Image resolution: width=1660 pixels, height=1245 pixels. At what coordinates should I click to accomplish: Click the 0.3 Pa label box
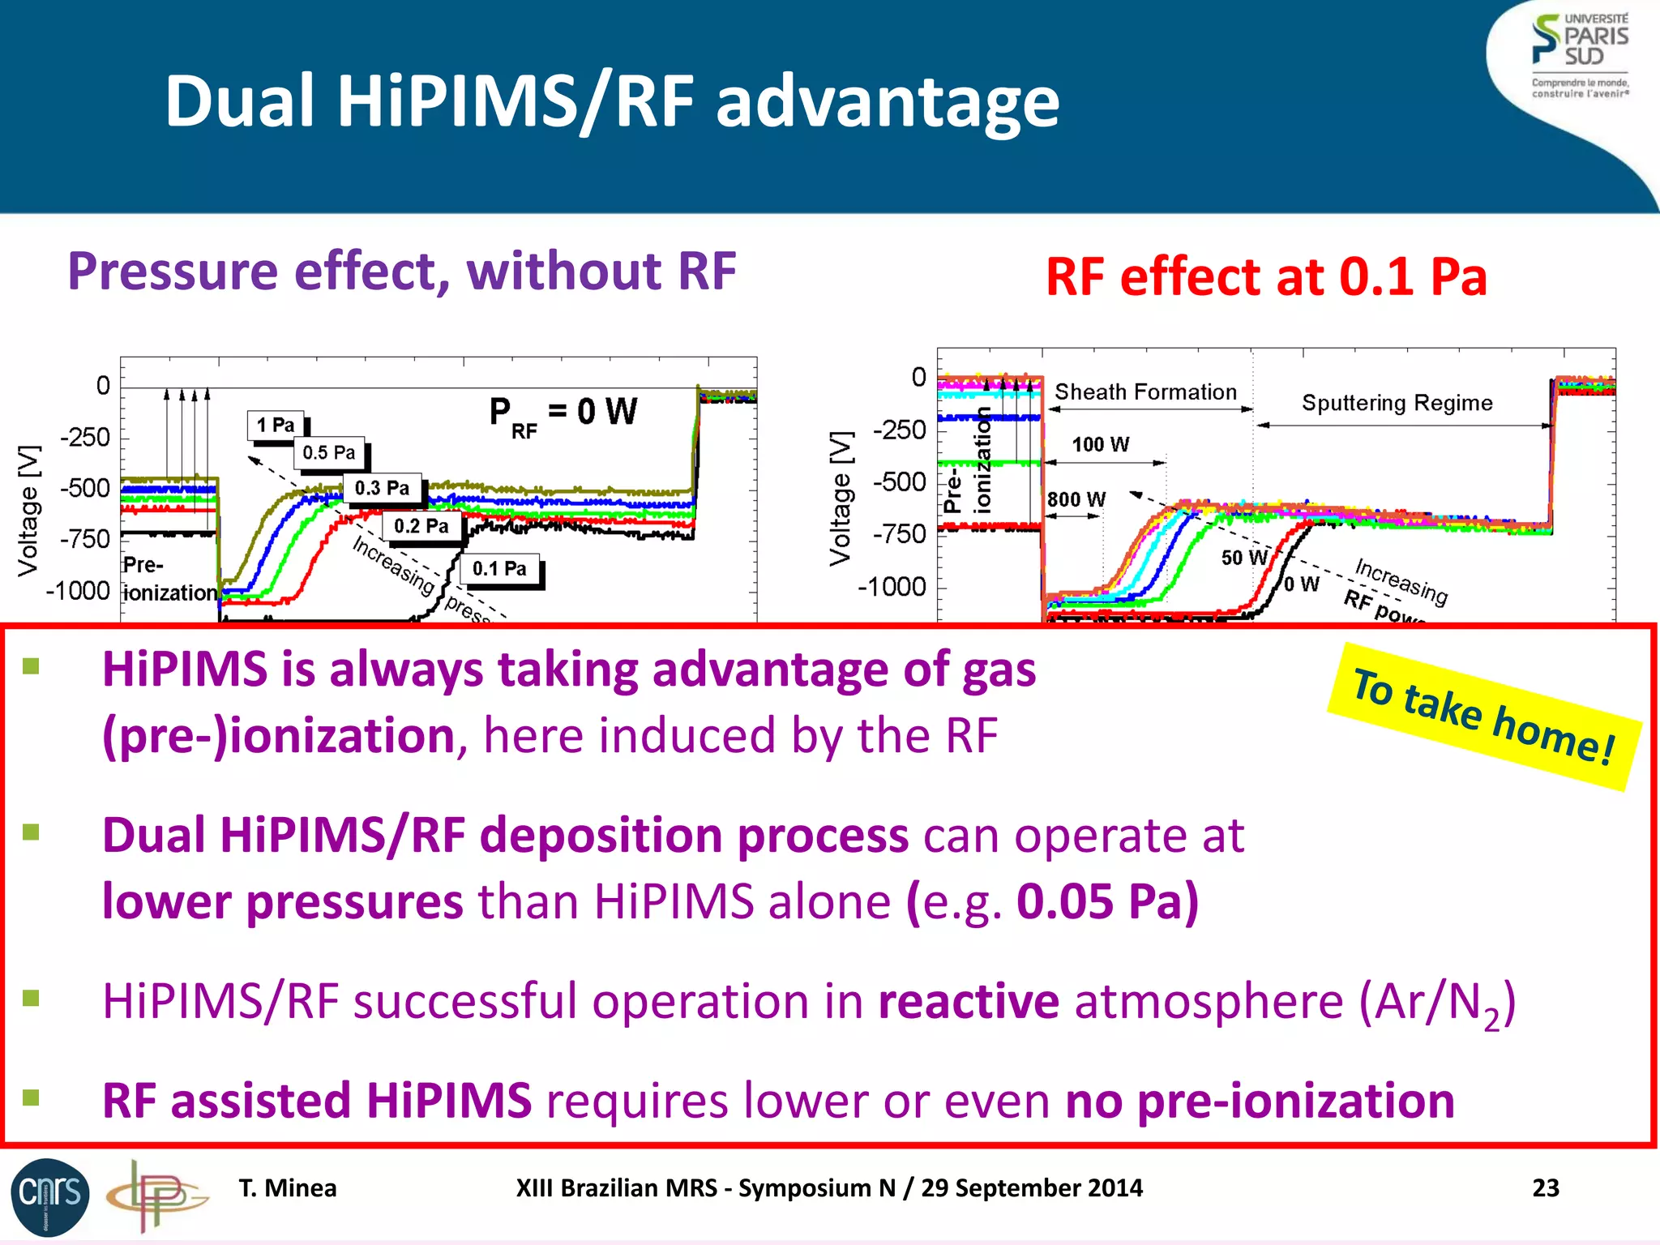(x=382, y=488)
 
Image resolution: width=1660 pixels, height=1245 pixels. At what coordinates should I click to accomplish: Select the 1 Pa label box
(x=276, y=425)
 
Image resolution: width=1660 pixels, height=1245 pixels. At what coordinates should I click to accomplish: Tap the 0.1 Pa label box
(x=499, y=569)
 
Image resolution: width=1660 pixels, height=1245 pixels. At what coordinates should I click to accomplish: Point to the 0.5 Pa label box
(x=329, y=452)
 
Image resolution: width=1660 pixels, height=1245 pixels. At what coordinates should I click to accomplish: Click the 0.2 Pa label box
(x=421, y=526)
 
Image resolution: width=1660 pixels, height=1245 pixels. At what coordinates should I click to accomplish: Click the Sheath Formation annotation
(x=1145, y=392)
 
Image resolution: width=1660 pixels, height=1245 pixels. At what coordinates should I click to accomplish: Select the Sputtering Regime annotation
(x=1397, y=403)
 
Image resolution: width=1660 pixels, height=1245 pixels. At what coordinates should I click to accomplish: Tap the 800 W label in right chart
(x=1076, y=499)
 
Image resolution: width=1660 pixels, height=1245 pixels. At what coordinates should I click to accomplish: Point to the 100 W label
(x=1100, y=444)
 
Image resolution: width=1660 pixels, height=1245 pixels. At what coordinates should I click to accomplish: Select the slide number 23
(x=1545, y=1187)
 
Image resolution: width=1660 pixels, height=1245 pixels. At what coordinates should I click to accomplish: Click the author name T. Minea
(x=287, y=1187)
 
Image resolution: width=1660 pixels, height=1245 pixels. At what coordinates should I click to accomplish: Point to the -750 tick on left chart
(x=85, y=539)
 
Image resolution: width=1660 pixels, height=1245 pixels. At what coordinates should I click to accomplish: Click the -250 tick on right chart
(x=899, y=430)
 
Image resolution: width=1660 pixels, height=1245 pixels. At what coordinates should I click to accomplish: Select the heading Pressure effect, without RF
(x=401, y=271)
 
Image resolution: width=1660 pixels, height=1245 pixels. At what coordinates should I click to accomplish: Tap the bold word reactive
(x=969, y=1001)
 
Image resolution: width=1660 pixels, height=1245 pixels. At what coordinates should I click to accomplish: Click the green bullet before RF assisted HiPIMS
(x=32, y=1097)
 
